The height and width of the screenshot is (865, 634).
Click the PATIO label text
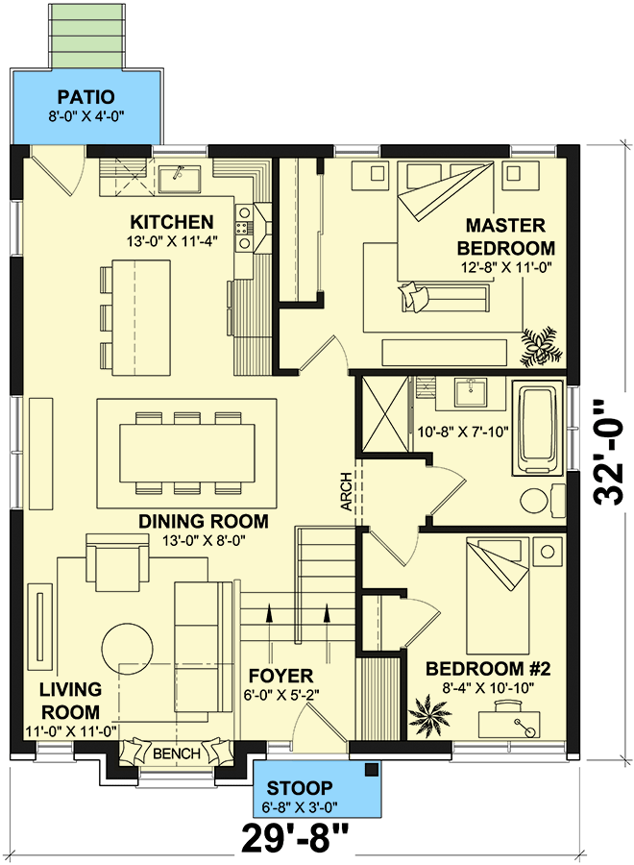[85, 96]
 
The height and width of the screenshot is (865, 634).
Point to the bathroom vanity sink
[471, 391]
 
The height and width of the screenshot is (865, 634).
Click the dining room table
[188, 453]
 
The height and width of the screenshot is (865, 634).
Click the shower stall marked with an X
[387, 416]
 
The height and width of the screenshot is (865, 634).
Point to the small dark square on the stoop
[372, 768]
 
